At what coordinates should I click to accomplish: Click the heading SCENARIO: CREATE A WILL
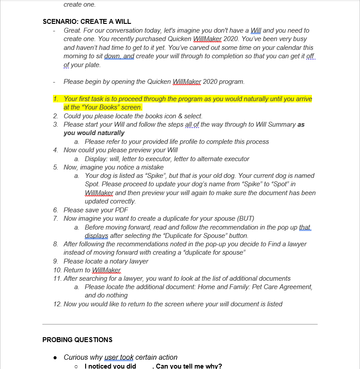point(86,22)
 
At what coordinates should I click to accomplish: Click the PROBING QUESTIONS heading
point(77,339)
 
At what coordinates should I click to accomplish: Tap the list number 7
point(56,218)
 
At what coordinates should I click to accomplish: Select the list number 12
point(57,304)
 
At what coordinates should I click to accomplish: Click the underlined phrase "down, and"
point(119,56)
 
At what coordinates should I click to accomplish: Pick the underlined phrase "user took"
point(119,357)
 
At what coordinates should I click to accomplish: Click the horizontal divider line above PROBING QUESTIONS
point(180,324)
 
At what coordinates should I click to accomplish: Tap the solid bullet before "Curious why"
point(55,357)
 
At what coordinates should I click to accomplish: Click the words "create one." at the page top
point(79,4)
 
